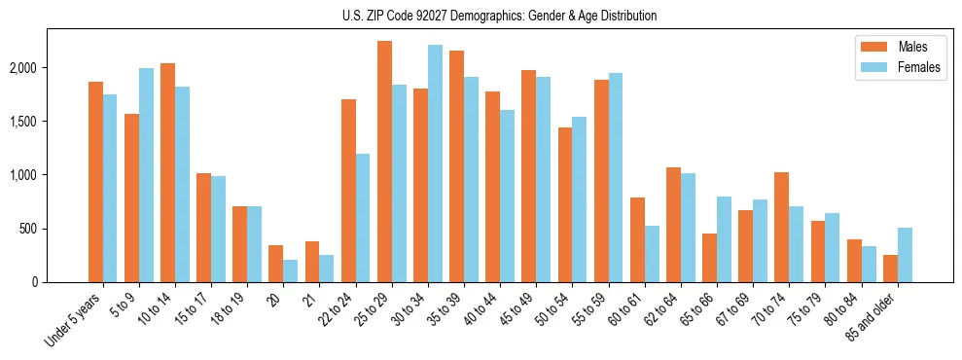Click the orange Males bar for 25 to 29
(384, 162)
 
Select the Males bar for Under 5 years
(95, 182)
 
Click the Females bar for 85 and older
(904, 255)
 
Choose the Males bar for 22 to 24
(348, 191)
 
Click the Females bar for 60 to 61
(652, 254)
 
